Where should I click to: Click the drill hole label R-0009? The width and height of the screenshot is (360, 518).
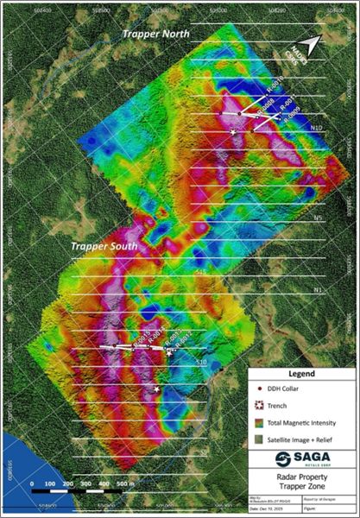coord(290,110)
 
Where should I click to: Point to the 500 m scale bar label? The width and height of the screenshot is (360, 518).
coord(123,483)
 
